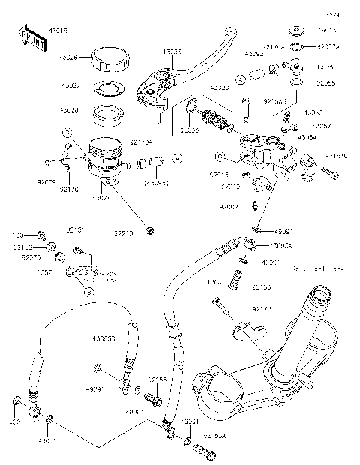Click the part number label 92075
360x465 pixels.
[x=31, y=256]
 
